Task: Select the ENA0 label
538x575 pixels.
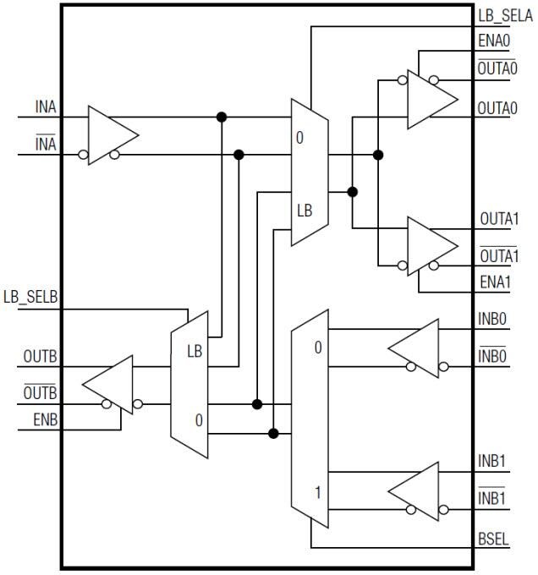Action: pyautogui.click(x=493, y=41)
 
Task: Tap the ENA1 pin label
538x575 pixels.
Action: pyautogui.click(x=494, y=282)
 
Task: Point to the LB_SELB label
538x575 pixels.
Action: pyautogui.click(x=30, y=298)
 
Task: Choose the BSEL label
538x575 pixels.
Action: pyautogui.click(x=494, y=539)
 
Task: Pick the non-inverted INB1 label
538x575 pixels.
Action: pyautogui.click(x=493, y=463)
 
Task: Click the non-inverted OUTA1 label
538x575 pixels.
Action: pyautogui.click(x=498, y=219)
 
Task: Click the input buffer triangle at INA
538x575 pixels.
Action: pyautogui.click(x=110, y=135)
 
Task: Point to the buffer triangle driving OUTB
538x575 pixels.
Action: pyautogui.click(x=111, y=386)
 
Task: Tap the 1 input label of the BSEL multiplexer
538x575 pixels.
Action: pyautogui.click(x=318, y=490)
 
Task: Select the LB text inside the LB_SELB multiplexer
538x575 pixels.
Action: pyautogui.click(x=194, y=350)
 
